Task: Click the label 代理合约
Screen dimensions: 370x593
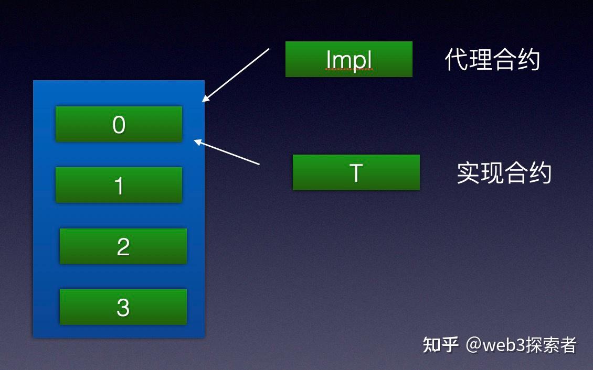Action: (x=492, y=60)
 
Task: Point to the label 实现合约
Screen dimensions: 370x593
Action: (x=504, y=173)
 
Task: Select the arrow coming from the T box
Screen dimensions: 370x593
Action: (x=228, y=152)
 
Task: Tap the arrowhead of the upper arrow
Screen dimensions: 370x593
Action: (x=205, y=99)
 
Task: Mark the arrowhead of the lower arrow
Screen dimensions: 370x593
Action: (x=197, y=140)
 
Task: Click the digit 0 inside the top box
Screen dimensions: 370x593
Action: (x=119, y=125)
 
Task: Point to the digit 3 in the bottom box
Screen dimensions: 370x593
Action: (x=123, y=308)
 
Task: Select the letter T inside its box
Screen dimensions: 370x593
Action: (x=356, y=173)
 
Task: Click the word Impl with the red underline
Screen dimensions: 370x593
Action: (x=349, y=60)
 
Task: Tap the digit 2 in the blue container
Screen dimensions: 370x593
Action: (x=123, y=247)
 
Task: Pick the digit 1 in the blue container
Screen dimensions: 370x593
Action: (x=119, y=186)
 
